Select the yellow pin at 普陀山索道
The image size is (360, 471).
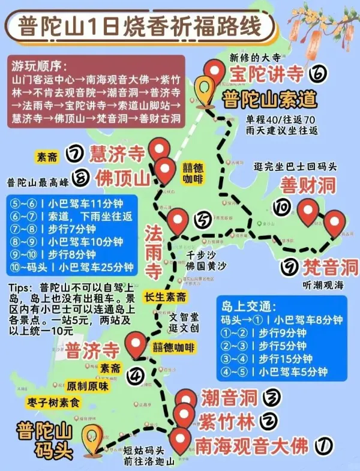click(x=207, y=90)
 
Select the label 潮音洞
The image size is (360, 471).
click(x=229, y=397)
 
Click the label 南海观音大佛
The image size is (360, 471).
click(x=251, y=446)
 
